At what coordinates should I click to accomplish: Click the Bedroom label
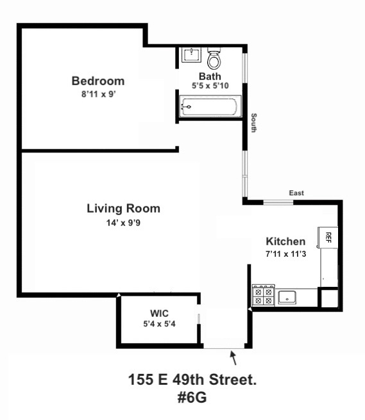click(98, 81)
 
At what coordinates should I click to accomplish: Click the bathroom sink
click(191, 55)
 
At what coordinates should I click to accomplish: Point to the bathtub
click(209, 107)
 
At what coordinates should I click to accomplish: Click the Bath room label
click(209, 76)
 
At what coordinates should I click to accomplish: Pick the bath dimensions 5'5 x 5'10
click(209, 86)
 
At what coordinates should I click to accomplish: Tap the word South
click(254, 123)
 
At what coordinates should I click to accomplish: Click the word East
click(296, 193)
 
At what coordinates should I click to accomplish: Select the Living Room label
click(123, 209)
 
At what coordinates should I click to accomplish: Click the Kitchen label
click(285, 241)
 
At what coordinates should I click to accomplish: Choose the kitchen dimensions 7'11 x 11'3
click(285, 254)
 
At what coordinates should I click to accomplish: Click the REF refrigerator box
click(327, 237)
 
